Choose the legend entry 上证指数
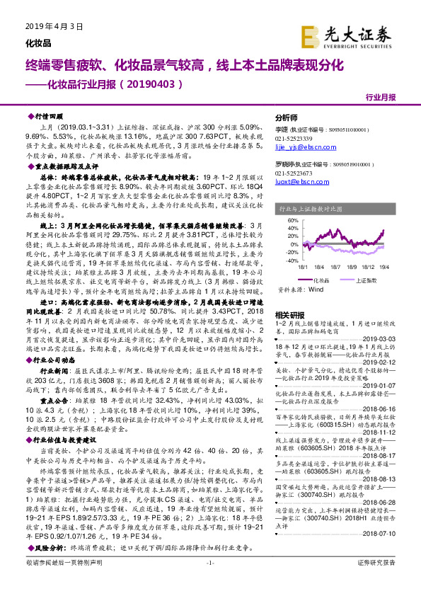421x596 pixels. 366,280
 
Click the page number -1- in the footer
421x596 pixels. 209,582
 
